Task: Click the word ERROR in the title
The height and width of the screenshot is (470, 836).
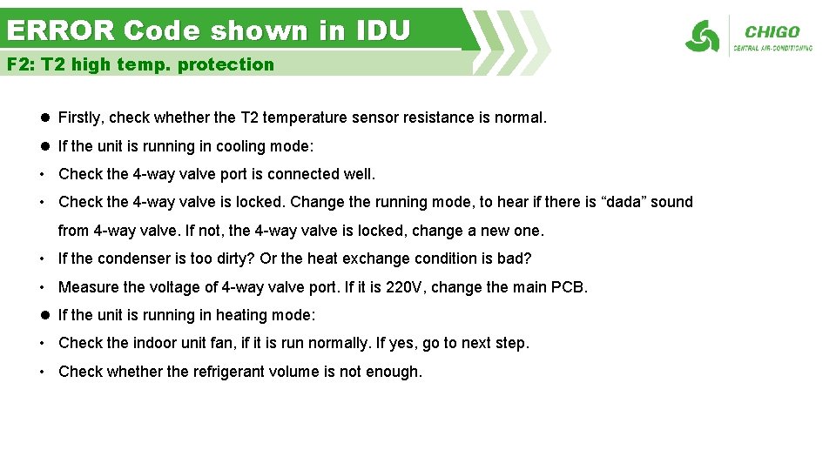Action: [60, 31]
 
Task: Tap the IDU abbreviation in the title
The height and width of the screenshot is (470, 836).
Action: [382, 31]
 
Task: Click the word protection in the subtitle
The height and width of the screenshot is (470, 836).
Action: [226, 64]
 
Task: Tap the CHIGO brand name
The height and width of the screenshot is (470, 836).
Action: [772, 32]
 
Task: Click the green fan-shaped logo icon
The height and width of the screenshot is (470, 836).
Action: [702, 37]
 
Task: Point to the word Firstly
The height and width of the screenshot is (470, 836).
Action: [82, 117]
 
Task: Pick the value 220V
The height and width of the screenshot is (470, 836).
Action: [404, 287]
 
